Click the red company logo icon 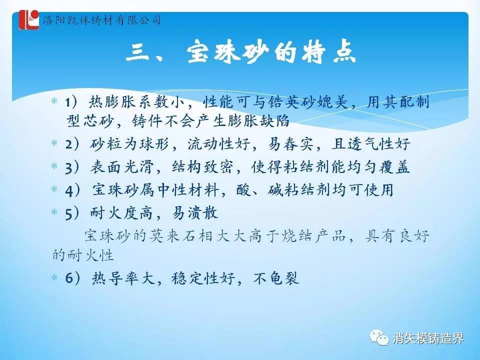(x=29, y=19)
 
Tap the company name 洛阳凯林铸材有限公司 (x=101, y=20)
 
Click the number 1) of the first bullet (x=72, y=102)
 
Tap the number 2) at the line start (x=72, y=144)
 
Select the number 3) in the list (x=72, y=167)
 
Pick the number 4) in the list (x=73, y=190)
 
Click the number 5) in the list (x=72, y=213)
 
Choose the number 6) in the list (x=73, y=278)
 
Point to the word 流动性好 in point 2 (x=219, y=143)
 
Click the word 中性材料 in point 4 (x=188, y=190)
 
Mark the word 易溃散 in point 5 (x=195, y=213)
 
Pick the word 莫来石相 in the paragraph (x=179, y=236)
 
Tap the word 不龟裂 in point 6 (x=276, y=278)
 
